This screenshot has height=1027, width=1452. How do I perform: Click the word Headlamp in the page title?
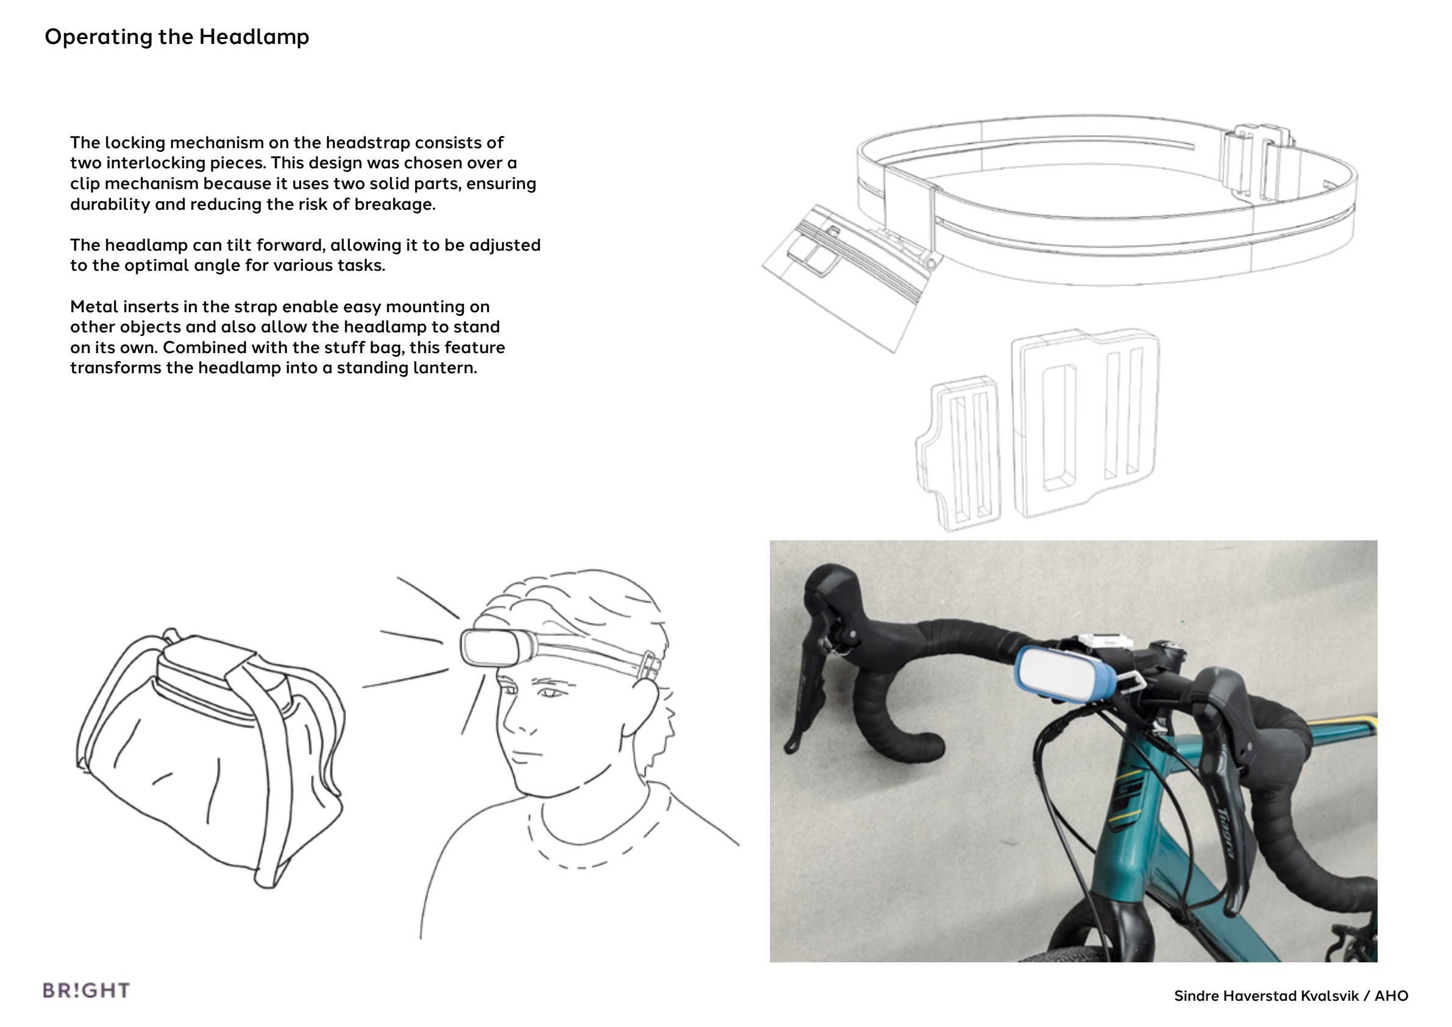click(254, 37)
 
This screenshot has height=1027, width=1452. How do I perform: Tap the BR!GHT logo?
click(86, 990)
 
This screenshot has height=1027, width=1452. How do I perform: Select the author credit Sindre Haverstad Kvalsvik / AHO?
click(1290, 996)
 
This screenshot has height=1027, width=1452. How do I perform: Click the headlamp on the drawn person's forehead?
click(497, 646)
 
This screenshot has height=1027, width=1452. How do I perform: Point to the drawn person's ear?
click(640, 709)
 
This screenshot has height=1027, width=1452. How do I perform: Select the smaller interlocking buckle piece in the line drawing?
click(958, 453)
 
